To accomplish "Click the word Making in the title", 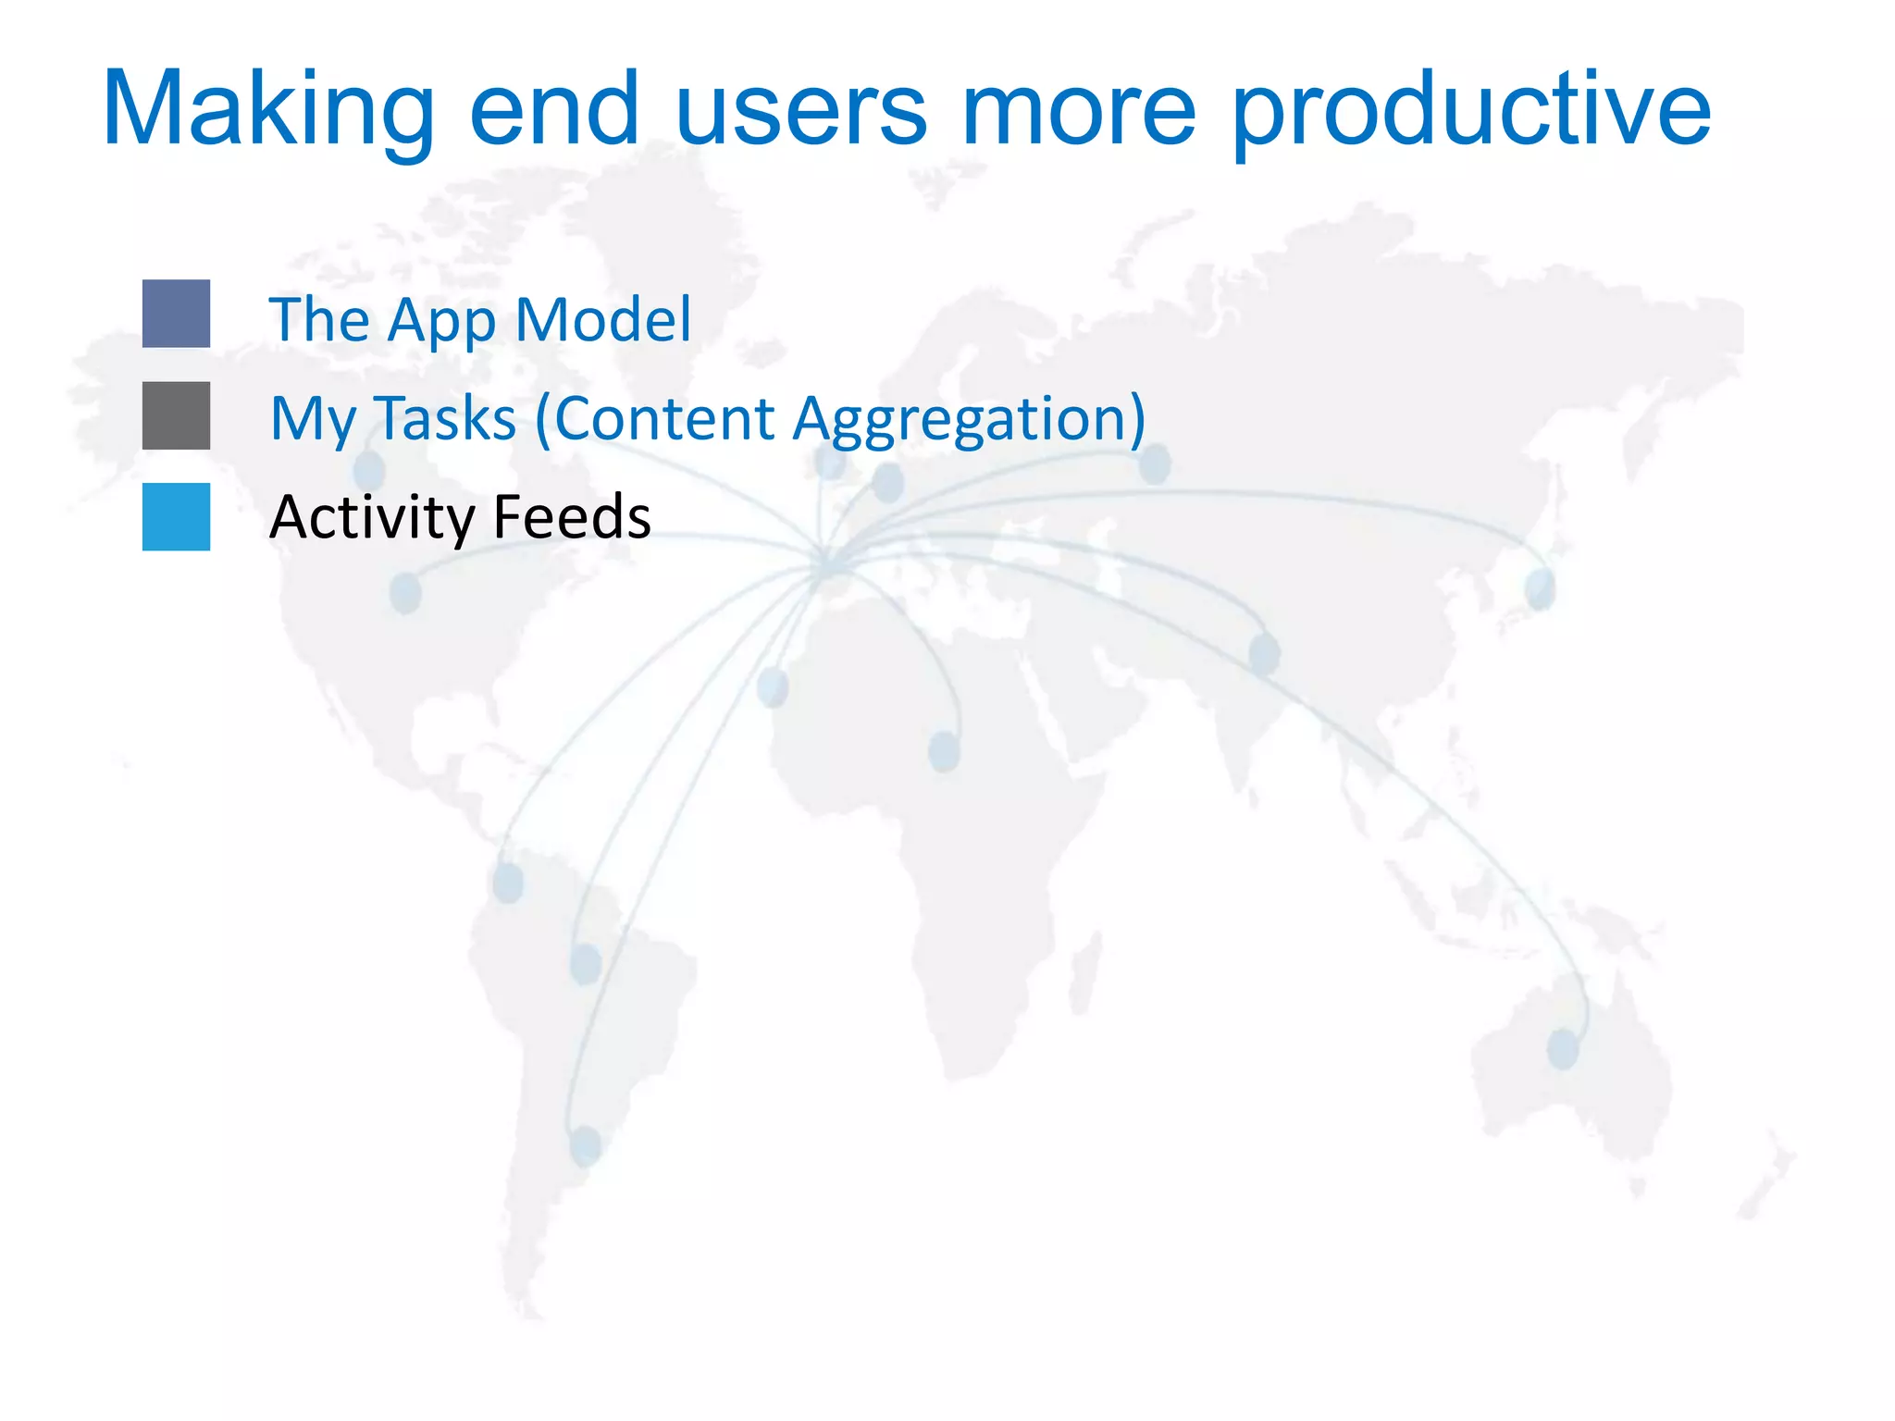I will click(268, 111).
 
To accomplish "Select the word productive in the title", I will click(1471, 111).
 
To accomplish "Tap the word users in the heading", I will click(800, 111).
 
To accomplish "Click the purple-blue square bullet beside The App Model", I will click(176, 314).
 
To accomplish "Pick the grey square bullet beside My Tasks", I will click(176, 415).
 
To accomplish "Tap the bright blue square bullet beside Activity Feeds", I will click(176, 517).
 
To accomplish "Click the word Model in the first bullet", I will click(602, 319).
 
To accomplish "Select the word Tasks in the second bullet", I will click(445, 418).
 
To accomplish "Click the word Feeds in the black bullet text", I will click(572, 516).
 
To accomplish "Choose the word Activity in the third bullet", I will click(371, 516).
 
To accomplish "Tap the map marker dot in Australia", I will click(1563, 1049).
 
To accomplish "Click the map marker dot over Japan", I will click(1541, 588).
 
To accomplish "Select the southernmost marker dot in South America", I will click(585, 1145).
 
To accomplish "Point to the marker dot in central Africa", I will click(944, 751).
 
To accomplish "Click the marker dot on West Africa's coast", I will click(773, 686).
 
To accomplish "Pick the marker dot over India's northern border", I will click(1264, 654).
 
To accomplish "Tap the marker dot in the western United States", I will click(405, 592).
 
